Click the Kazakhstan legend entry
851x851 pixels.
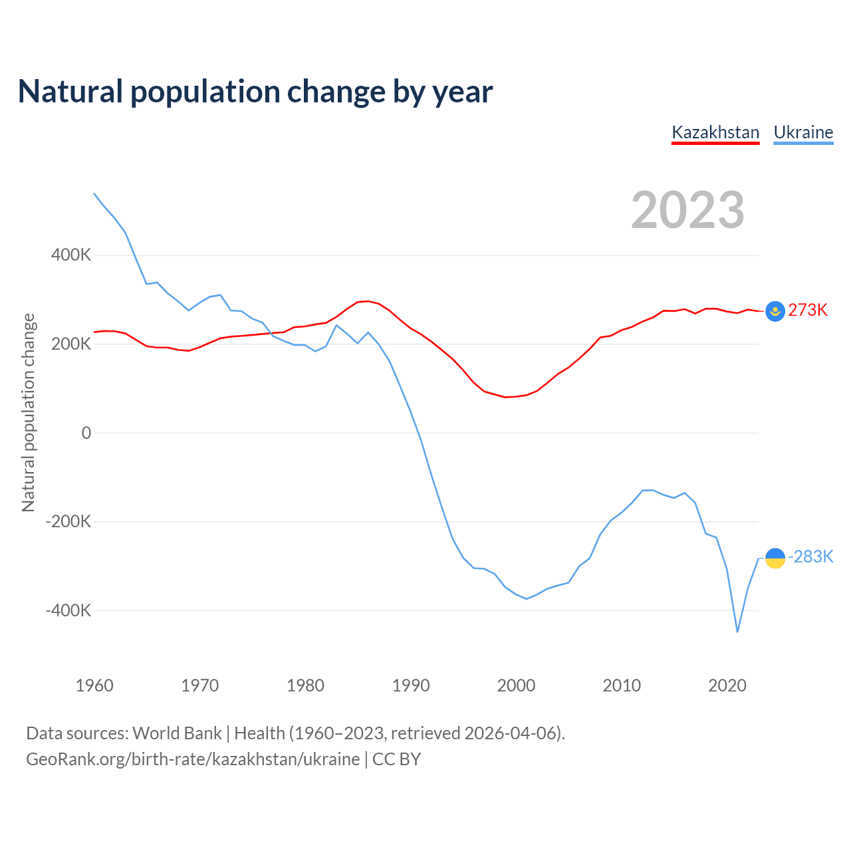[x=715, y=132]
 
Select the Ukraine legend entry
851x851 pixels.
[x=803, y=132]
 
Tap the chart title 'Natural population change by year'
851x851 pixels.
[x=255, y=92]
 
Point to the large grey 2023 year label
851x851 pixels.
[x=687, y=210]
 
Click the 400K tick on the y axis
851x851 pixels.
[x=71, y=255]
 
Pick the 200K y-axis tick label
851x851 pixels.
[x=71, y=344]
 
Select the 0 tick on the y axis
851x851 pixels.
[x=86, y=433]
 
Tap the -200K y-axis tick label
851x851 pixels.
[x=68, y=522]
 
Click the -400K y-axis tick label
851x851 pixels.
[x=68, y=610]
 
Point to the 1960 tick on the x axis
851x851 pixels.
[x=94, y=685]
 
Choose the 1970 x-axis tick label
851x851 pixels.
[x=199, y=685]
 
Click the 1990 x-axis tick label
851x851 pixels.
[x=411, y=685]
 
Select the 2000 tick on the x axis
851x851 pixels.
[x=516, y=685]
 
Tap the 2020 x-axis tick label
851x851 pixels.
[x=727, y=685]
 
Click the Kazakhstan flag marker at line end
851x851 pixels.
[x=775, y=311]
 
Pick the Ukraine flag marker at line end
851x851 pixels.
[x=775, y=558]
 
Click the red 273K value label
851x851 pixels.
[x=808, y=310]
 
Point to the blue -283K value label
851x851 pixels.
[x=810, y=557]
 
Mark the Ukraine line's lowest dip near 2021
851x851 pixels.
[x=737, y=632]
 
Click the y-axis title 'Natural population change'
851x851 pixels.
[x=28, y=413]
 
